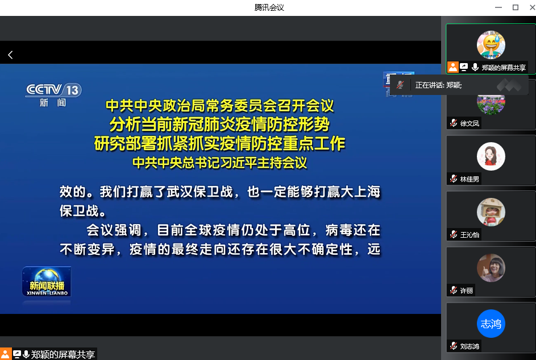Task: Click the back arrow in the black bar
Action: click(x=11, y=55)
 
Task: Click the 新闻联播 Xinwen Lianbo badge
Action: click(x=47, y=282)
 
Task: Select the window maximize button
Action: click(x=516, y=7)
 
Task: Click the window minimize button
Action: click(x=498, y=7)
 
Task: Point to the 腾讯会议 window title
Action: click(x=269, y=7)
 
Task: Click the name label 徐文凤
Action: click(x=469, y=123)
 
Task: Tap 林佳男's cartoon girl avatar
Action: click(x=491, y=156)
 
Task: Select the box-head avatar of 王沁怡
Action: click(x=491, y=212)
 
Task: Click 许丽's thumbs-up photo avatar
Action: click(x=491, y=268)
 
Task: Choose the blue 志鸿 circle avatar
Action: click(x=491, y=324)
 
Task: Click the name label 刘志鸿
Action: click(x=469, y=346)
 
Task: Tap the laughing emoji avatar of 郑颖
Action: click(x=491, y=45)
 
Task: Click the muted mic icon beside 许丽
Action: click(x=454, y=290)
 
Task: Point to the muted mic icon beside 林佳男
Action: click(x=454, y=179)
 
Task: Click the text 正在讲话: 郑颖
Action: click(x=439, y=85)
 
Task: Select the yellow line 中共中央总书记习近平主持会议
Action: click(x=219, y=163)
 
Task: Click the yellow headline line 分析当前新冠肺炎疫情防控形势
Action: click(x=219, y=125)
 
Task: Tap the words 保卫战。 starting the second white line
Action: click(x=83, y=210)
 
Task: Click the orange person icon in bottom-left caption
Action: click(x=6, y=354)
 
